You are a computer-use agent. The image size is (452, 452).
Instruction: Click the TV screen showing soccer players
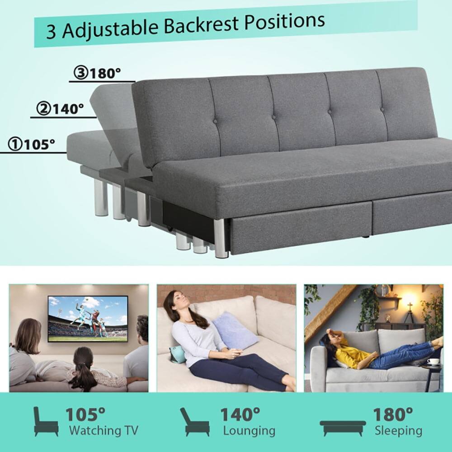tap(88, 318)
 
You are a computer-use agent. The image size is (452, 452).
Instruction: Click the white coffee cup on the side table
tap(433, 361)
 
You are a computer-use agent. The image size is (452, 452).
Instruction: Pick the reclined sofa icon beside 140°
tap(194, 421)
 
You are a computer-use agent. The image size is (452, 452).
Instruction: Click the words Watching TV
tap(104, 430)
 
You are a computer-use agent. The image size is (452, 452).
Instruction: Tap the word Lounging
tap(249, 430)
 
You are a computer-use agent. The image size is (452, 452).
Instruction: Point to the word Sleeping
tap(398, 430)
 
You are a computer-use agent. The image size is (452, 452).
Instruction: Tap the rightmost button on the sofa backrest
tap(382, 109)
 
